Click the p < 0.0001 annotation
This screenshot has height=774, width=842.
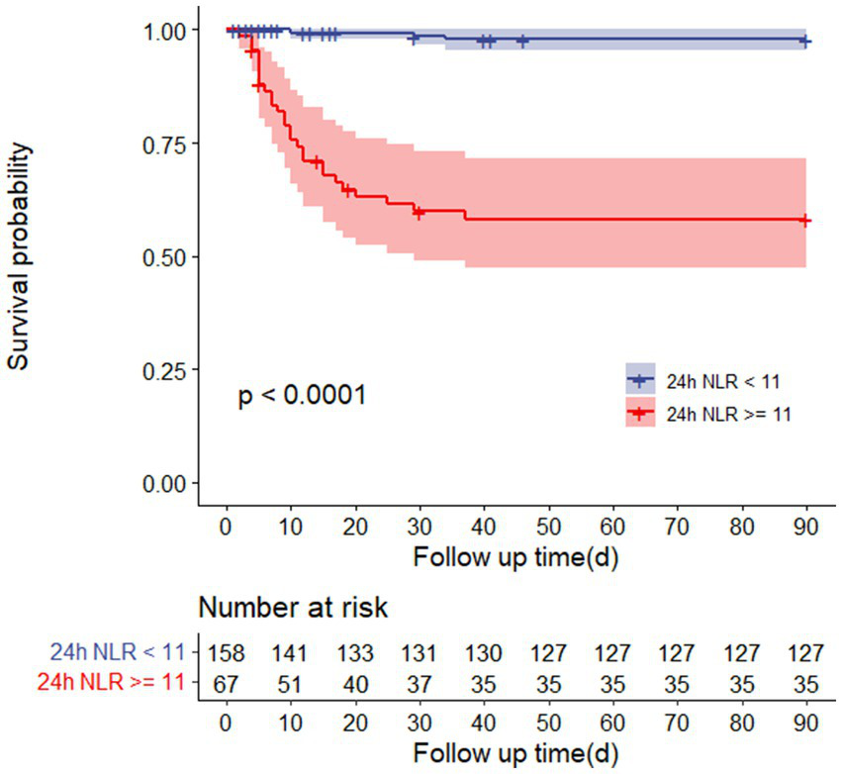coord(303,397)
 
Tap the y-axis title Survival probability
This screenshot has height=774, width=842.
coord(21,256)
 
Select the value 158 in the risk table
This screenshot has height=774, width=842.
coord(227,652)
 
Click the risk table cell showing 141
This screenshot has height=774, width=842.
coord(291,652)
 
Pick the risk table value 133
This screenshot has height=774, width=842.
coord(355,652)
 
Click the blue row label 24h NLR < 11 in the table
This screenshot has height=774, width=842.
coord(117,652)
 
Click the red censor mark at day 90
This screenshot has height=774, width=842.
coord(805,221)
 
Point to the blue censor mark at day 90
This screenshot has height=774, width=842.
coord(805,42)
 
